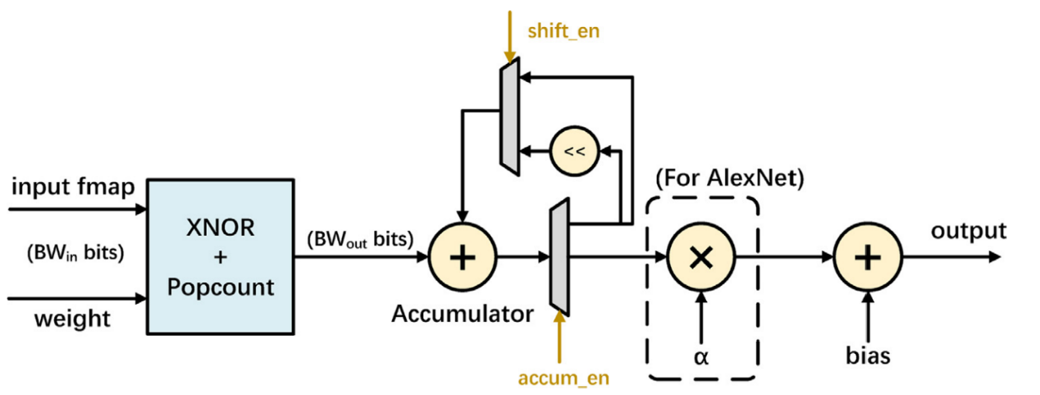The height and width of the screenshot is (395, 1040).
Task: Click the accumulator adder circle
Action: tap(463, 257)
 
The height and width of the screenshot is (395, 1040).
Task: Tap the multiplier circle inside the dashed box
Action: tap(700, 257)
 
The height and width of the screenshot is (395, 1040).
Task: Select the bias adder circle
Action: tap(867, 257)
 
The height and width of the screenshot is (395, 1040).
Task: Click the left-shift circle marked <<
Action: tap(574, 151)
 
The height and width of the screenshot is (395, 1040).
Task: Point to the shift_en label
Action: tap(564, 31)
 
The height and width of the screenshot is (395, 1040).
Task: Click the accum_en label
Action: tap(564, 379)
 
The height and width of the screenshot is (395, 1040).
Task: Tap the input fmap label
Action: tap(72, 187)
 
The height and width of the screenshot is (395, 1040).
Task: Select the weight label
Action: tap(72, 318)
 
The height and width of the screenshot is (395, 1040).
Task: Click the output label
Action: tap(968, 231)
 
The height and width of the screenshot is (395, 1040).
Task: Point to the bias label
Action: tap(867, 356)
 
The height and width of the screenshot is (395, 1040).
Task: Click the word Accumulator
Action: tap(463, 313)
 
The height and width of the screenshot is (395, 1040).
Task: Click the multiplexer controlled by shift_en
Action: tap(509, 119)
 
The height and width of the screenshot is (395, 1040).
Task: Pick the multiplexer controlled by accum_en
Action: tap(559, 257)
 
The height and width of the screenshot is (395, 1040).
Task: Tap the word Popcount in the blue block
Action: tap(221, 288)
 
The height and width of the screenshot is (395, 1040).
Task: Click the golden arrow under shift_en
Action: tap(510, 37)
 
